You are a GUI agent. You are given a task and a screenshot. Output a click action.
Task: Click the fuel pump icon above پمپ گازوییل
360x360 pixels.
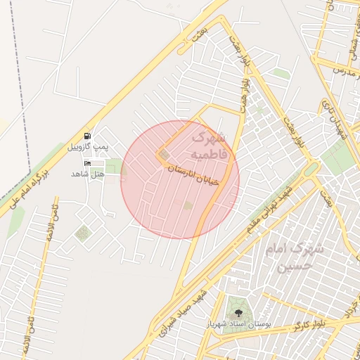[87, 135]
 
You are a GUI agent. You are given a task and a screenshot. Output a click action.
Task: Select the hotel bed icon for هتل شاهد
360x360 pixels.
[87, 164]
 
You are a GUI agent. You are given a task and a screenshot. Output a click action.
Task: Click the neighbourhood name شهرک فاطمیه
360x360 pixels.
[210, 144]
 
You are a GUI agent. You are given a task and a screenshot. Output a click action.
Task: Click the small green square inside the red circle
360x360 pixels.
[188, 205]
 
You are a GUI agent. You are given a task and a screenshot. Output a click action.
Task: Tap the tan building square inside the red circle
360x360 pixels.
[164, 154]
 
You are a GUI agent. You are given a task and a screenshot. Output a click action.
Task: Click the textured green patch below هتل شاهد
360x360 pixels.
[84, 232]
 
